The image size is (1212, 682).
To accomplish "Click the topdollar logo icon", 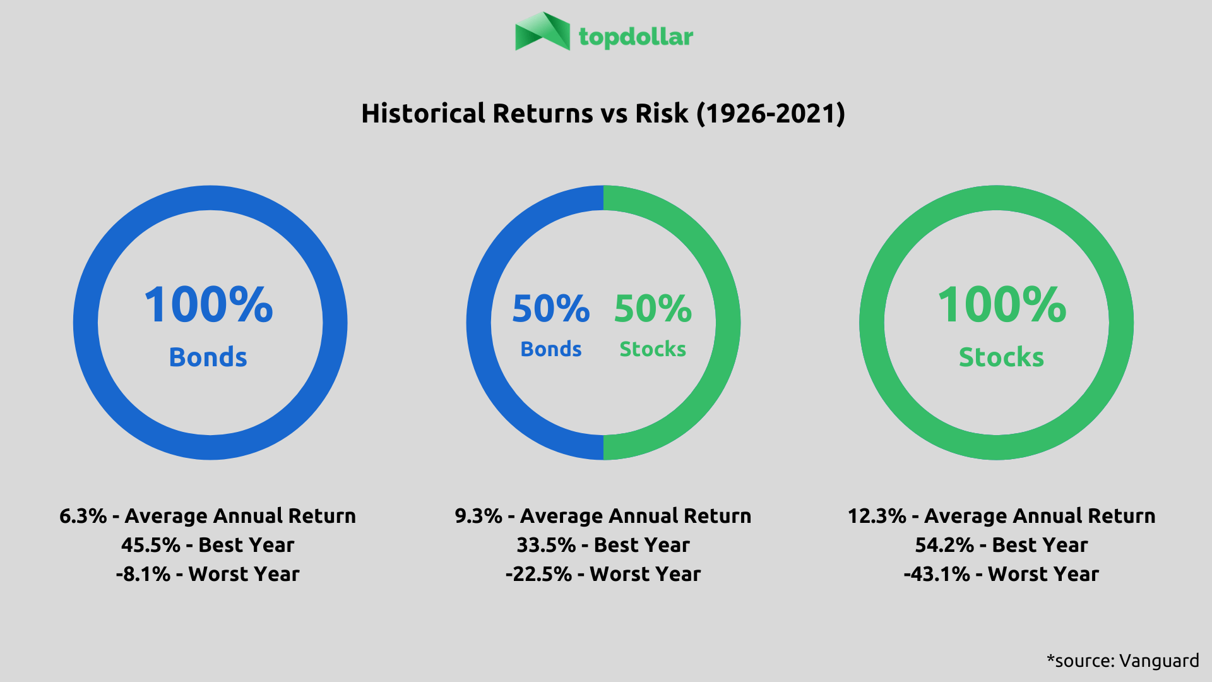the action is [x=542, y=32].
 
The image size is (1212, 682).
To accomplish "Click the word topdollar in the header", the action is [x=636, y=37].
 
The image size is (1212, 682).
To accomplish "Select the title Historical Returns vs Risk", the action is [x=603, y=114].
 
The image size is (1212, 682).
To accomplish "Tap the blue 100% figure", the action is [x=209, y=305].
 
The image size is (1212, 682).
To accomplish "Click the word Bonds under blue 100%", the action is [x=208, y=357].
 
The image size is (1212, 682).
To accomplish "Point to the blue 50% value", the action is [x=551, y=309].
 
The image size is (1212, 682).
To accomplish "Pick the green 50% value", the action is [x=653, y=309].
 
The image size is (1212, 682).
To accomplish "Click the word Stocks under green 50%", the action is [x=653, y=349].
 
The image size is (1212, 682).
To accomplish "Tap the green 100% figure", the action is [x=1002, y=305].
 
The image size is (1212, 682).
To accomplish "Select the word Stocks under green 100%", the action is [x=1001, y=357].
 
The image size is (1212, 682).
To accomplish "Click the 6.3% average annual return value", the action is [x=83, y=516].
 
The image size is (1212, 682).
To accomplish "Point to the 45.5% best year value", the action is [x=151, y=545].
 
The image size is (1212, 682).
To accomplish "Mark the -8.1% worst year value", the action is [x=143, y=574].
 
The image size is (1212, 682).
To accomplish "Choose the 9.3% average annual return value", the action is [x=478, y=516].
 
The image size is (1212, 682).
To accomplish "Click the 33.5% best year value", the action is [x=546, y=545].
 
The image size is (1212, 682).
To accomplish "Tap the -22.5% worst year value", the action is [x=539, y=574].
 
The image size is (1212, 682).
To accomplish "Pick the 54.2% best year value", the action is [x=945, y=545].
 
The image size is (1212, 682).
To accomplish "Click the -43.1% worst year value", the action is [x=937, y=574].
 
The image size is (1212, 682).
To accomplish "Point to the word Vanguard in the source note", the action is [x=1159, y=661].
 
